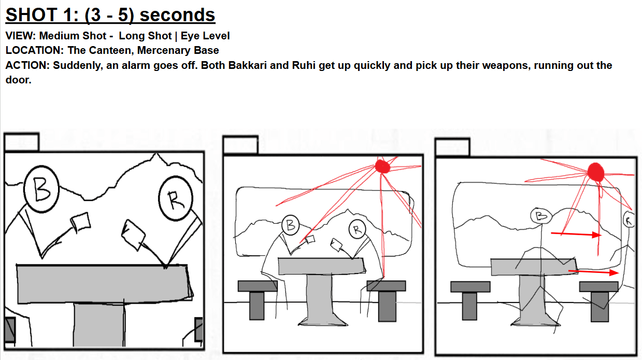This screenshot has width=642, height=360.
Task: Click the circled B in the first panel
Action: (x=41, y=189)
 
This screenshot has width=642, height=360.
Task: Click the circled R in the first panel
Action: (x=176, y=198)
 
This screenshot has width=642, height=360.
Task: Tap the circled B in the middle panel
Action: (x=290, y=225)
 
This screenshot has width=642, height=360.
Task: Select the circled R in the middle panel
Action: (x=357, y=229)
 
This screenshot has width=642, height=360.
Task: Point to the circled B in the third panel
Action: (x=541, y=216)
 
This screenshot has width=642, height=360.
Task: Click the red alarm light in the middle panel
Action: (x=382, y=166)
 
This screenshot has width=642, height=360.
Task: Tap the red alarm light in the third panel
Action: (x=595, y=172)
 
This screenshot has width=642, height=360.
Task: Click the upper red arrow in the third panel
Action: (x=576, y=235)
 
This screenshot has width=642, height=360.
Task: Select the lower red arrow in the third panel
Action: (x=594, y=272)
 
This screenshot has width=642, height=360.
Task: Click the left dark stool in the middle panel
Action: (x=258, y=299)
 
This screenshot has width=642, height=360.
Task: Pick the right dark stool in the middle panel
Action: (x=387, y=300)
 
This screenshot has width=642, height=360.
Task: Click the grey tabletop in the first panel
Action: (x=104, y=284)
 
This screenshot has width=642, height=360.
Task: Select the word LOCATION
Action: (x=34, y=50)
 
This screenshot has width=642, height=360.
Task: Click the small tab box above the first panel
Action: (x=22, y=141)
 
